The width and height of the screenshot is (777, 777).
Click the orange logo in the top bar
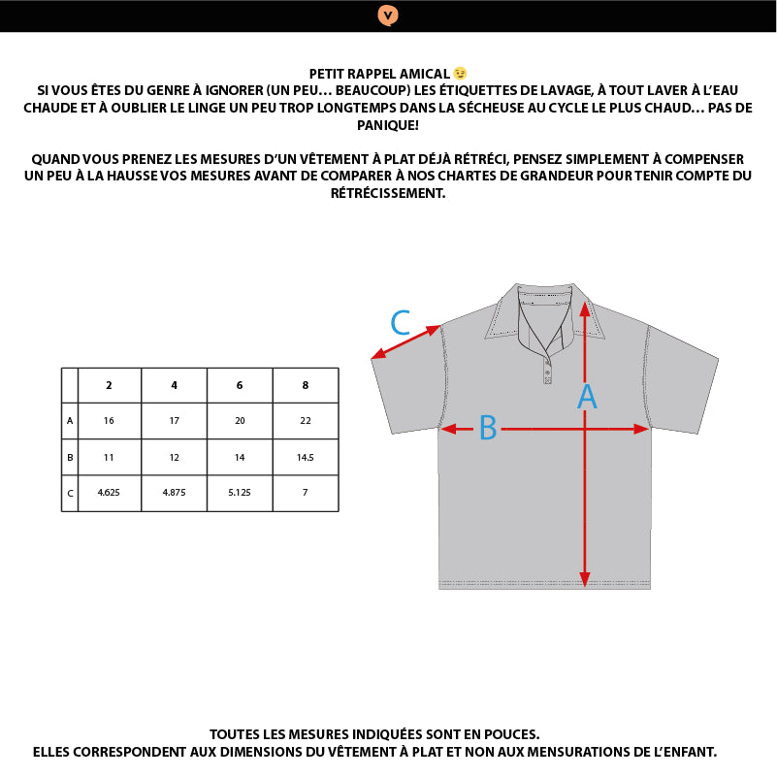coord(388,15)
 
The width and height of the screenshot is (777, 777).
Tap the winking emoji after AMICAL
coord(460,74)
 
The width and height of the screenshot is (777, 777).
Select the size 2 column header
coord(109,385)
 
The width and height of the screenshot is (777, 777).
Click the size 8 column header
coord(306,385)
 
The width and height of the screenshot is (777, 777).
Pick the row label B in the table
coord(70,457)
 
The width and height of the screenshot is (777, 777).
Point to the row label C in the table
coord(70,493)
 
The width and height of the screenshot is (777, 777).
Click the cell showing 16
coord(109,421)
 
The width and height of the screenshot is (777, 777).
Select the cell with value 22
coord(306,421)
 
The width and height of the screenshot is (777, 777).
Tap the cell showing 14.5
coord(306,457)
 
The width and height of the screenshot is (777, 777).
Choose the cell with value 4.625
coord(109,493)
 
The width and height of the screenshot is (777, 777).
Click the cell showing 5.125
coord(240,493)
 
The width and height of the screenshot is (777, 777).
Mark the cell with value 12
coord(174,457)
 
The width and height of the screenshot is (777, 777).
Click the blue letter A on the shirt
coord(587,397)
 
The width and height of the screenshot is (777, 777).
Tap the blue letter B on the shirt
coord(488,428)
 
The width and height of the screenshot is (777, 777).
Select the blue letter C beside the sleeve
coord(401,322)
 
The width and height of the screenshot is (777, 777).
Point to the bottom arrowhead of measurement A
coord(585,579)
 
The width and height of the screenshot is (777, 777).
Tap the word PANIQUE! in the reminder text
coord(388,126)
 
